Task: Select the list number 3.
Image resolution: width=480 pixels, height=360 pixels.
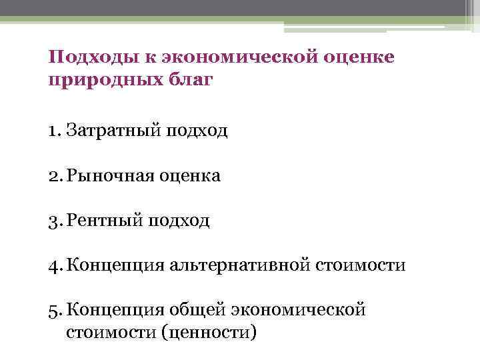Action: [54, 220]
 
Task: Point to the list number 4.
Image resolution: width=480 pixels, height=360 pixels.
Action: [54, 265]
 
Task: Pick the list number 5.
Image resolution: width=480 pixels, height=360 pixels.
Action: [54, 310]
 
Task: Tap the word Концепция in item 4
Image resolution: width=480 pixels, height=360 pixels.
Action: [111, 265]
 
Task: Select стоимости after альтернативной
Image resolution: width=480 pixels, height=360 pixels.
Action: [366, 265]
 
